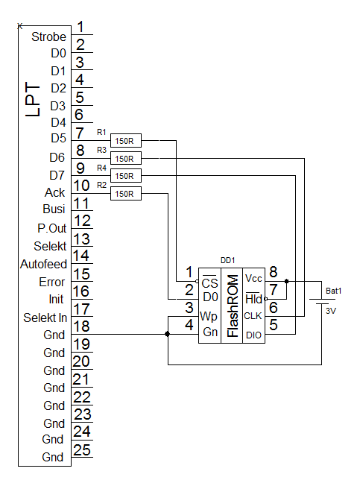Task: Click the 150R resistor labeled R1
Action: point(126,141)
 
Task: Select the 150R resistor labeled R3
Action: point(126,159)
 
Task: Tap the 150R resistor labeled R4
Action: point(126,176)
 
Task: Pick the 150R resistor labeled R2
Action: point(126,194)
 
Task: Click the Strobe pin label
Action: point(48,37)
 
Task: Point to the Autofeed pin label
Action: point(43,265)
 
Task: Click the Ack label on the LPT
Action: point(54,192)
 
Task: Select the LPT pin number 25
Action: point(82,450)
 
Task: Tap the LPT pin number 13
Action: point(81,239)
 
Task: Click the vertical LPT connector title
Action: point(33,99)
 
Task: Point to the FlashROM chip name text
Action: point(233,306)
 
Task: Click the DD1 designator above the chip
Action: point(228,260)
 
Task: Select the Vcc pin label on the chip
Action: point(253,279)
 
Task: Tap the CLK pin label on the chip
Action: point(253,316)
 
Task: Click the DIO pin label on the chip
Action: point(253,335)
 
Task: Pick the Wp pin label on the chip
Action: point(209,316)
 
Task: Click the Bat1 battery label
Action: point(333,291)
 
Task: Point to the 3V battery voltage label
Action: point(331,311)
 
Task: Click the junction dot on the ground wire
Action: point(167,334)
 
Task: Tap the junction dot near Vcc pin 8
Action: point(286,281)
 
